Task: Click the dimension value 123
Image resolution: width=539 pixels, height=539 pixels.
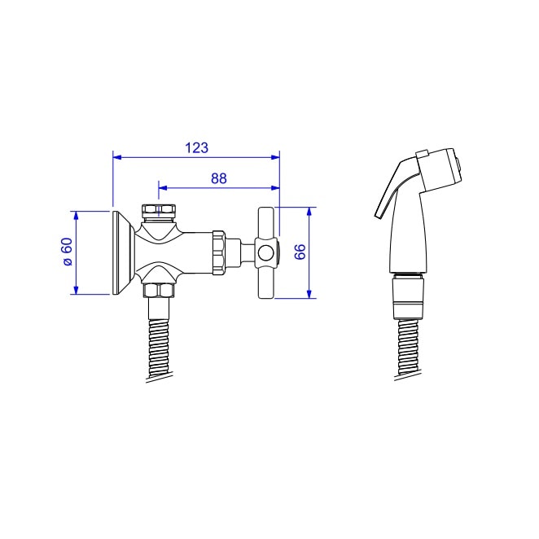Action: pos(196,148)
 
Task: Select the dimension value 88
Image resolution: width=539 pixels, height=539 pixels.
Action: pos(219,178)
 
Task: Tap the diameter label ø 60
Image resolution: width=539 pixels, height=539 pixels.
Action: pos(68,252)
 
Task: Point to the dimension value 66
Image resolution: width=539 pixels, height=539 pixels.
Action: pos(300,252)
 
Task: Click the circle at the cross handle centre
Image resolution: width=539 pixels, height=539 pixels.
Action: pos(265,253)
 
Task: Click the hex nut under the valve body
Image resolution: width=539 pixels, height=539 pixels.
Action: pos(159,291)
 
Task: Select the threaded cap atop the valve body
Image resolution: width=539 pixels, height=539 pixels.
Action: pos(159,213)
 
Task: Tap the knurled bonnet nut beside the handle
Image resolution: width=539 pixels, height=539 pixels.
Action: pos(219,252)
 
